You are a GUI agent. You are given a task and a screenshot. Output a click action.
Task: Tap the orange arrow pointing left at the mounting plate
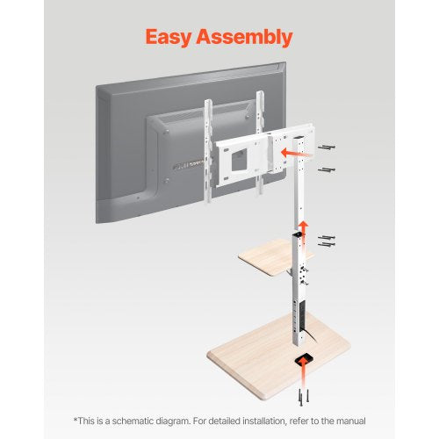point(290,152)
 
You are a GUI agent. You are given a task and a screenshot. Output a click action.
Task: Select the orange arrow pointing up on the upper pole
point(304,228)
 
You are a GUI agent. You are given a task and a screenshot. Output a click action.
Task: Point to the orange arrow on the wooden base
point(306,360)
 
